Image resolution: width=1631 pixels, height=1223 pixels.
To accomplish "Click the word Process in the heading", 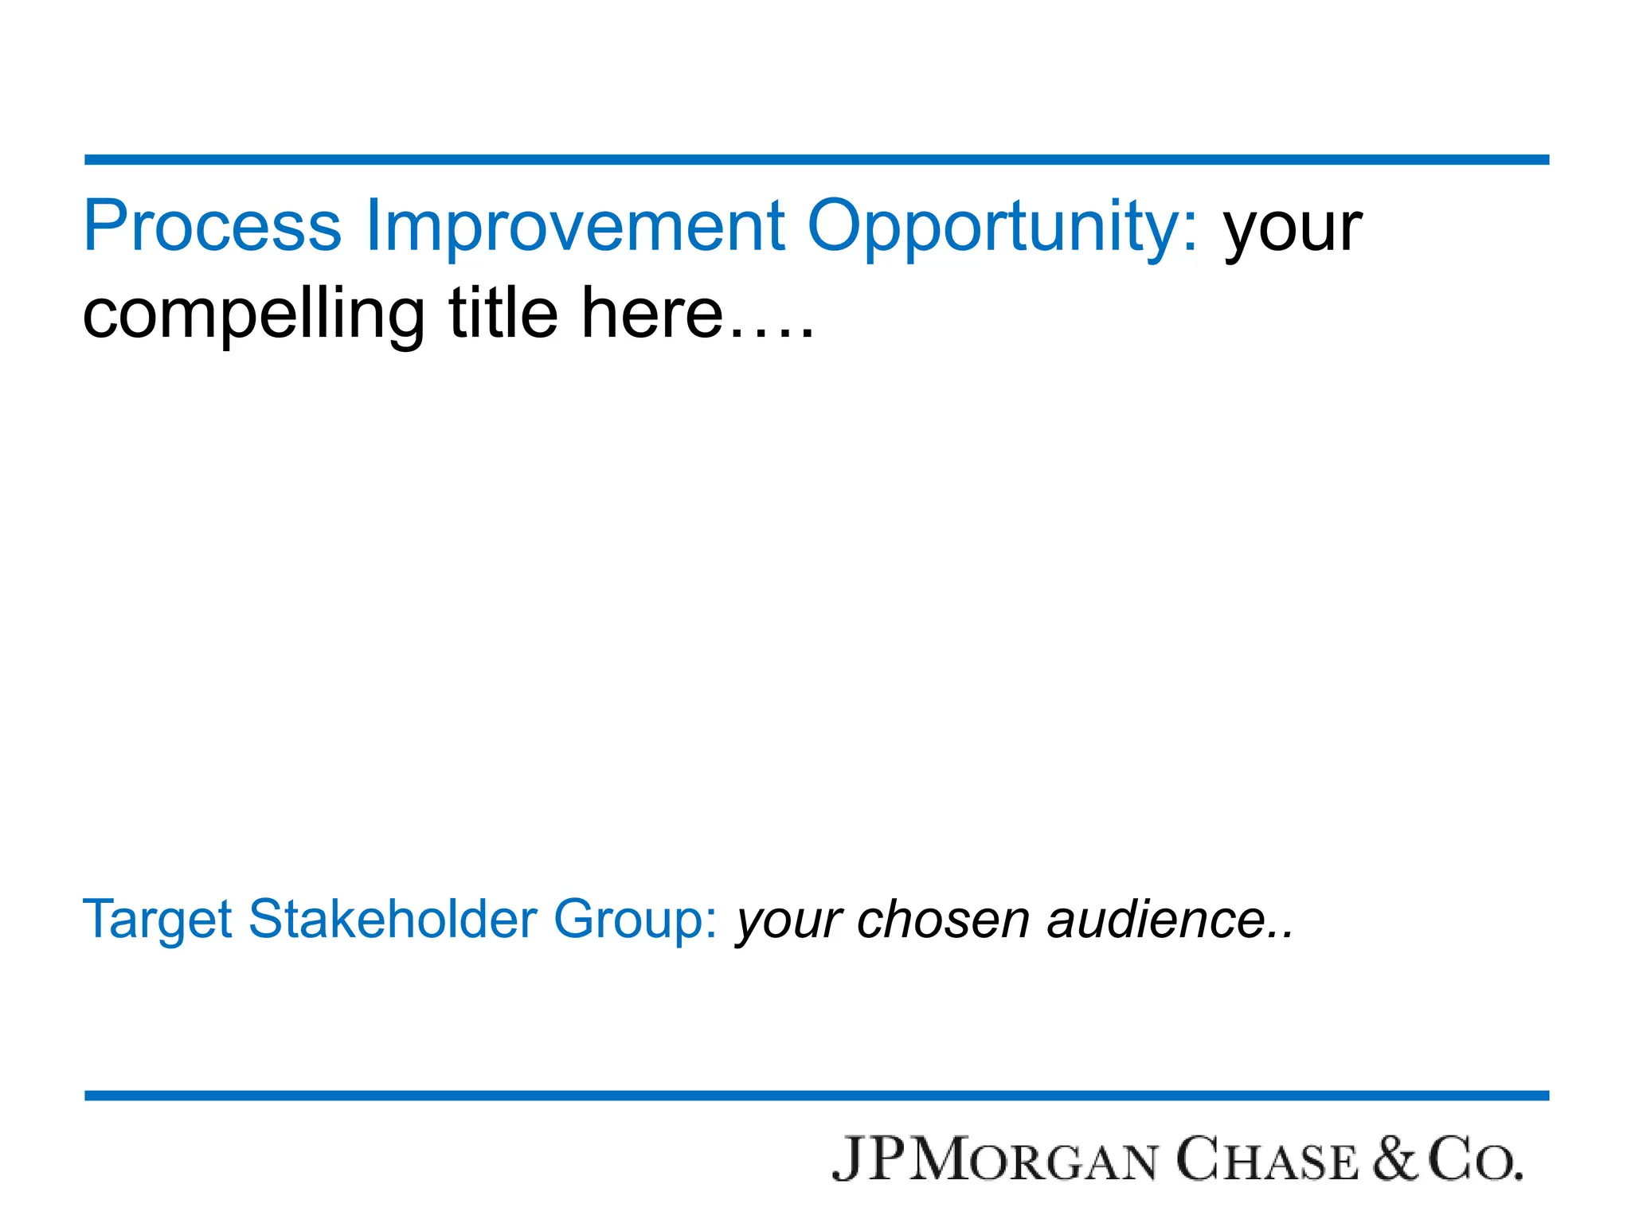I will click(x=213, y=226).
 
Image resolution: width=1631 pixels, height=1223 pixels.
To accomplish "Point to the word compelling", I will click(x=254, y=315).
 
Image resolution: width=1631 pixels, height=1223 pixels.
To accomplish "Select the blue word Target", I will click(x=157, y=920).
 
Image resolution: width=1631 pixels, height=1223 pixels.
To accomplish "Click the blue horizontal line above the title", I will click(x=815, y=160).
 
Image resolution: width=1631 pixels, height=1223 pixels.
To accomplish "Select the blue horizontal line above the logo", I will click(x=815, y=1096).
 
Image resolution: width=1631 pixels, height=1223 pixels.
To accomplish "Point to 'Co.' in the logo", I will click(x=1474, y=1159).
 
